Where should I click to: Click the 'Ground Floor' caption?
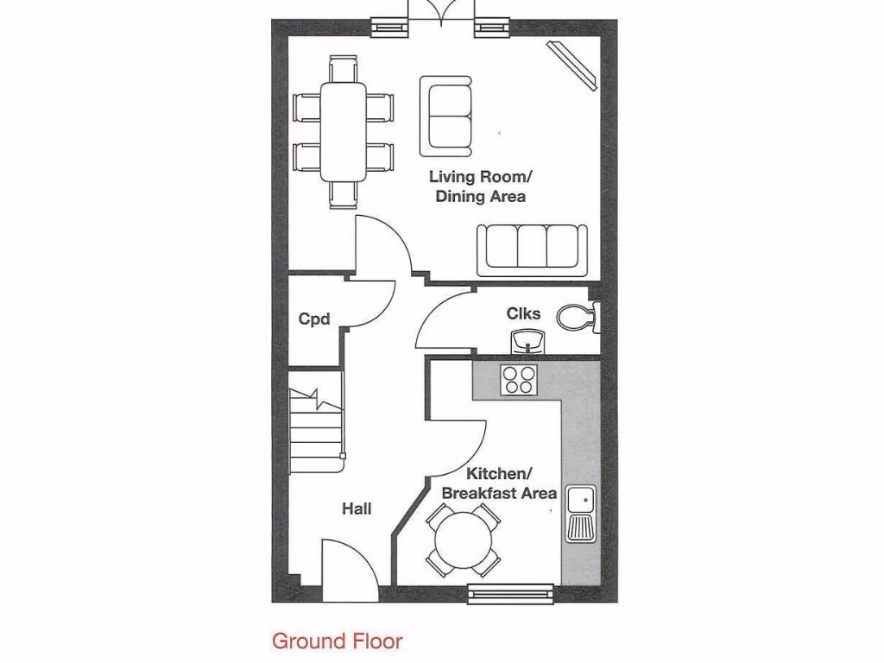(337, 641)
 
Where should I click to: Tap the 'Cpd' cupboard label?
(314, 319)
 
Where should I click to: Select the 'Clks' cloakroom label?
(523, 313)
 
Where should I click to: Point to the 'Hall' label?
(357, 509)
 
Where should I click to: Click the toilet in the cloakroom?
(577, 317)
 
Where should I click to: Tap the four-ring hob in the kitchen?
(520, 379)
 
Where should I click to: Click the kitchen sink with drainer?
(580, 514)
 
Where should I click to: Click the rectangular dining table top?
(343, 131)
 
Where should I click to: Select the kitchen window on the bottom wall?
(511, 592)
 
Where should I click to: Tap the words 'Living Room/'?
(481, 177)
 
